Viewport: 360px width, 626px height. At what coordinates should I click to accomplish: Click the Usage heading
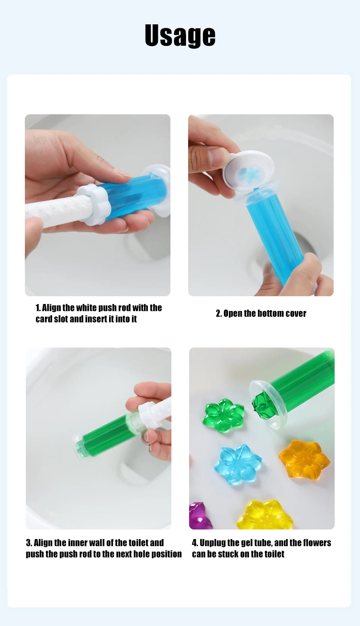point(180,36)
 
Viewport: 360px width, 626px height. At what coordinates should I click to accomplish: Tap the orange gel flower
point(304,460)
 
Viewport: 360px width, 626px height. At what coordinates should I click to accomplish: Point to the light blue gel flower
point(238,464)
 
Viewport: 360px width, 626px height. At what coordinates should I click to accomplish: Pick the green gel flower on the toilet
point(225,416)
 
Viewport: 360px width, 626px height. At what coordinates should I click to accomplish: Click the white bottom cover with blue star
point(249,171)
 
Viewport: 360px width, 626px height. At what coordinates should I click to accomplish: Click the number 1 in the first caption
point(38,308)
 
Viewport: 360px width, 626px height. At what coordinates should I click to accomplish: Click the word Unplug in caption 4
point(212,543)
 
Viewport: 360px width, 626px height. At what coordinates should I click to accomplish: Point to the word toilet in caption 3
point(139,543)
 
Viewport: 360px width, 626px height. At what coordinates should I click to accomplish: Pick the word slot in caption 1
point(61,319)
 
